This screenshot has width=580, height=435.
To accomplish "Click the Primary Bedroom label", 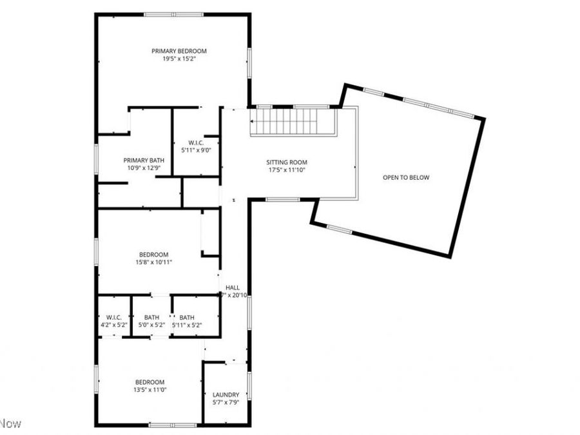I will coord(179,51).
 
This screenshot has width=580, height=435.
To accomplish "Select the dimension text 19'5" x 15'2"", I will coord(179,59).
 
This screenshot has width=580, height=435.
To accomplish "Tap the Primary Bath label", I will coord(144,160).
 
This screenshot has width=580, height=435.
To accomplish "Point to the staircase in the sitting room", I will coord(293,121).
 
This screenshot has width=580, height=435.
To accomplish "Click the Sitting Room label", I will coord(287,162).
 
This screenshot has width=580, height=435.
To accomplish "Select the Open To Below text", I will coord(405,177).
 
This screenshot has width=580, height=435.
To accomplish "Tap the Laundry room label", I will coord(226,395).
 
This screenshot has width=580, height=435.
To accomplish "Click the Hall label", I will coord(233,287).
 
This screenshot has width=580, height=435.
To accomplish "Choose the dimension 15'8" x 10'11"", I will coord(153,262).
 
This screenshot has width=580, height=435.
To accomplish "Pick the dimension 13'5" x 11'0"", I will coord(150,390).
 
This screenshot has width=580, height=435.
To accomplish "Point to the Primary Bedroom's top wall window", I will coord(173,14).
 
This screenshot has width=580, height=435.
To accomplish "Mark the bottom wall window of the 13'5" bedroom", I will coord(173,425).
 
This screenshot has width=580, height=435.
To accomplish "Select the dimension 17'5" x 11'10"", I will coord(287,170).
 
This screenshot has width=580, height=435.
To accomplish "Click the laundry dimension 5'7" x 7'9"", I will coord(226,403).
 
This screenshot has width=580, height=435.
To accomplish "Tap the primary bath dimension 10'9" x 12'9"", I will coord(144,168).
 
